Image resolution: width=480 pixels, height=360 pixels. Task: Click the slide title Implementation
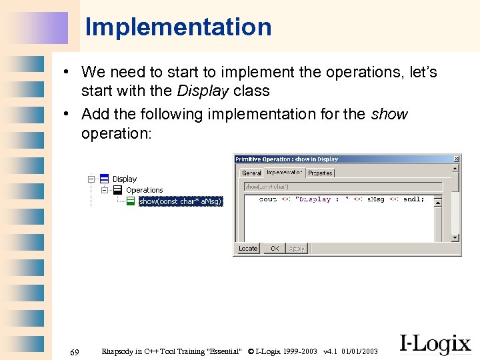point(178,27)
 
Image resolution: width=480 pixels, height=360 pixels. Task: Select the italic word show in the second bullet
point(389,114)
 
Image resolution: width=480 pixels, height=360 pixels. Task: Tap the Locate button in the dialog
point(248,249)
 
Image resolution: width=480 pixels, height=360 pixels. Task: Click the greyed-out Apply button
point(297,249)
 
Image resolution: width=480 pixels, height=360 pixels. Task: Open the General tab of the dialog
point(251,173)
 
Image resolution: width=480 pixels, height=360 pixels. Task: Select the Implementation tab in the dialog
point(285,172)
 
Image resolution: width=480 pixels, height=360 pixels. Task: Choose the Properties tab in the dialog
point(320,173)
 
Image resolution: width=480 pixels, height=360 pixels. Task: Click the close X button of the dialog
point(456,159)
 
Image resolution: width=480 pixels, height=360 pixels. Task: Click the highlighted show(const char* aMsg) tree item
point(180,201)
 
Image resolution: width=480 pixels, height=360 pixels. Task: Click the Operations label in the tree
point(145,190)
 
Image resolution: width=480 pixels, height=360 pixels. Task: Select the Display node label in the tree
point(125,179)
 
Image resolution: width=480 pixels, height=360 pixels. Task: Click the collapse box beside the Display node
point(91,179)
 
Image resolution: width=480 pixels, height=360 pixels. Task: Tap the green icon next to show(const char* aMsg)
point(131,201)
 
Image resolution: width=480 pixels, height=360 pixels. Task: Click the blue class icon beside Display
point(105,179)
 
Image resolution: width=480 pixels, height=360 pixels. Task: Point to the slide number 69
point(75,352)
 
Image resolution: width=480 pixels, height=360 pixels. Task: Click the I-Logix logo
point(435,343)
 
